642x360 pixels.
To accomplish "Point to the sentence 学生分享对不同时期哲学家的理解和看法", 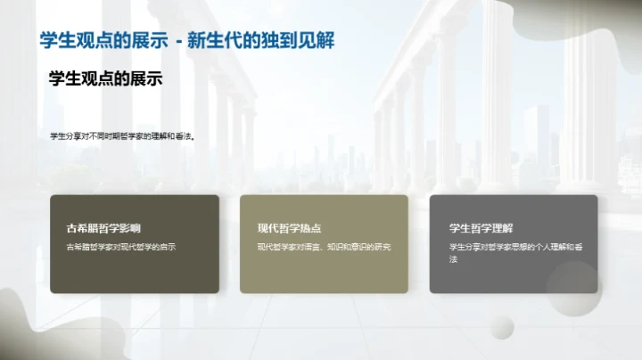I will (122, 136).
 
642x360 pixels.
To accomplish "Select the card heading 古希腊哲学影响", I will (103, 228).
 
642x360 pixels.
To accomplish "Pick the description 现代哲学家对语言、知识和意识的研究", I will (325, 247).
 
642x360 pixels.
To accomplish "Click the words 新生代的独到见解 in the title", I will (272, 41).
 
